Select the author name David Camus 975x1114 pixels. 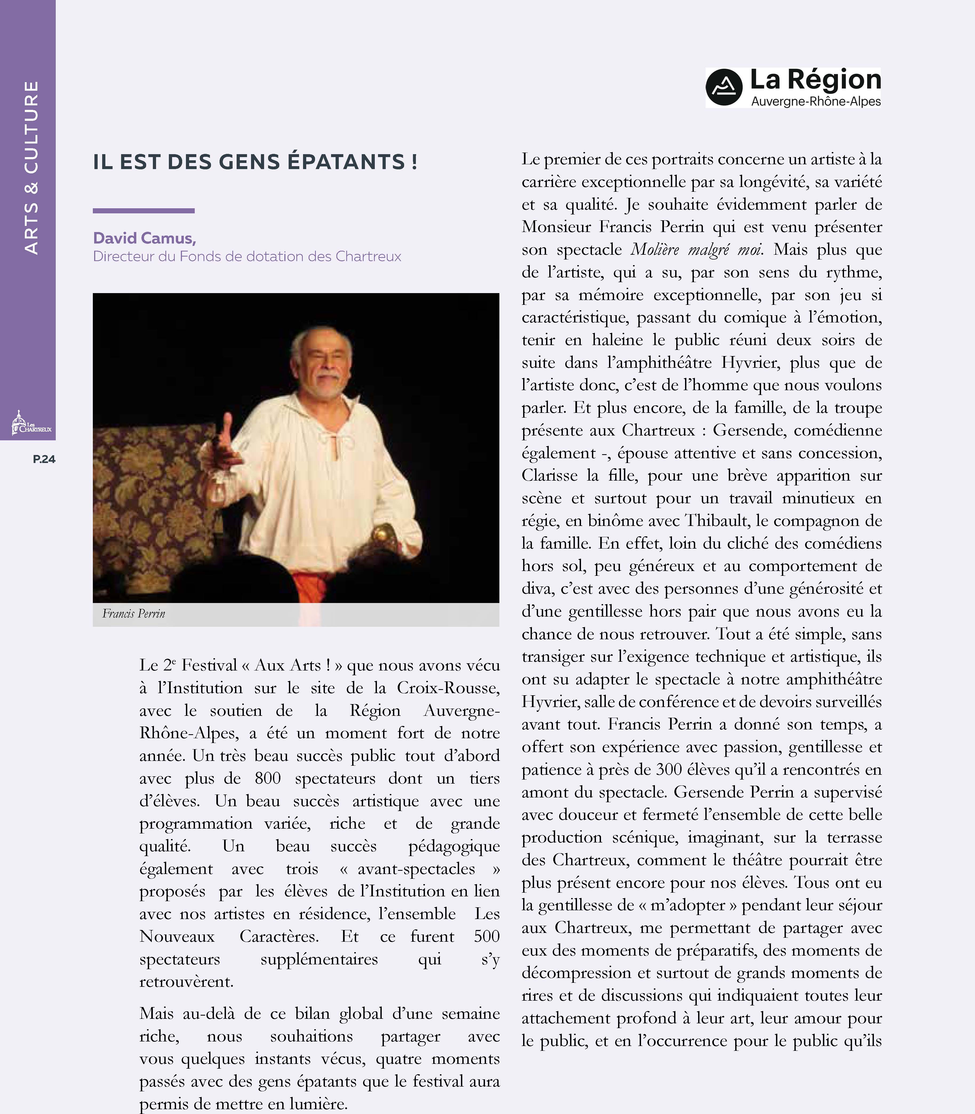144,238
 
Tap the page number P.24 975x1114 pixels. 44,459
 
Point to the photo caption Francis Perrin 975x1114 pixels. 134,614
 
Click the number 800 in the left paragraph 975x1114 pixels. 268,778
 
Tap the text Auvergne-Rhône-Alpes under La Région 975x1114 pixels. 815,101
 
